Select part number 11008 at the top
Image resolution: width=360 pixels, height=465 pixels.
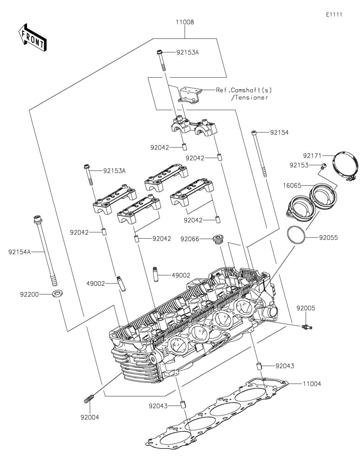(185, 22)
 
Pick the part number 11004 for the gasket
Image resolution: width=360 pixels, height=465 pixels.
(312, 384)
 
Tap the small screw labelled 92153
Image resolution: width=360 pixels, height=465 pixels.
(323, 166)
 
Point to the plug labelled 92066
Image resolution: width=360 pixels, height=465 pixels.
(218, 239)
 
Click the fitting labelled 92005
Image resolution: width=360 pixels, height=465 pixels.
(306, 326)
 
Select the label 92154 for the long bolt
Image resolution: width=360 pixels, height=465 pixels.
(279, 133)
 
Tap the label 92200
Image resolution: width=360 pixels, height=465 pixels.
(29, 294)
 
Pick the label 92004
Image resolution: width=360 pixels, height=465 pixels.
(90, 417)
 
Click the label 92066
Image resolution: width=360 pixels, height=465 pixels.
(190, 239)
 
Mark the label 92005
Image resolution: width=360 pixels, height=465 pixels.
(306, 308)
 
